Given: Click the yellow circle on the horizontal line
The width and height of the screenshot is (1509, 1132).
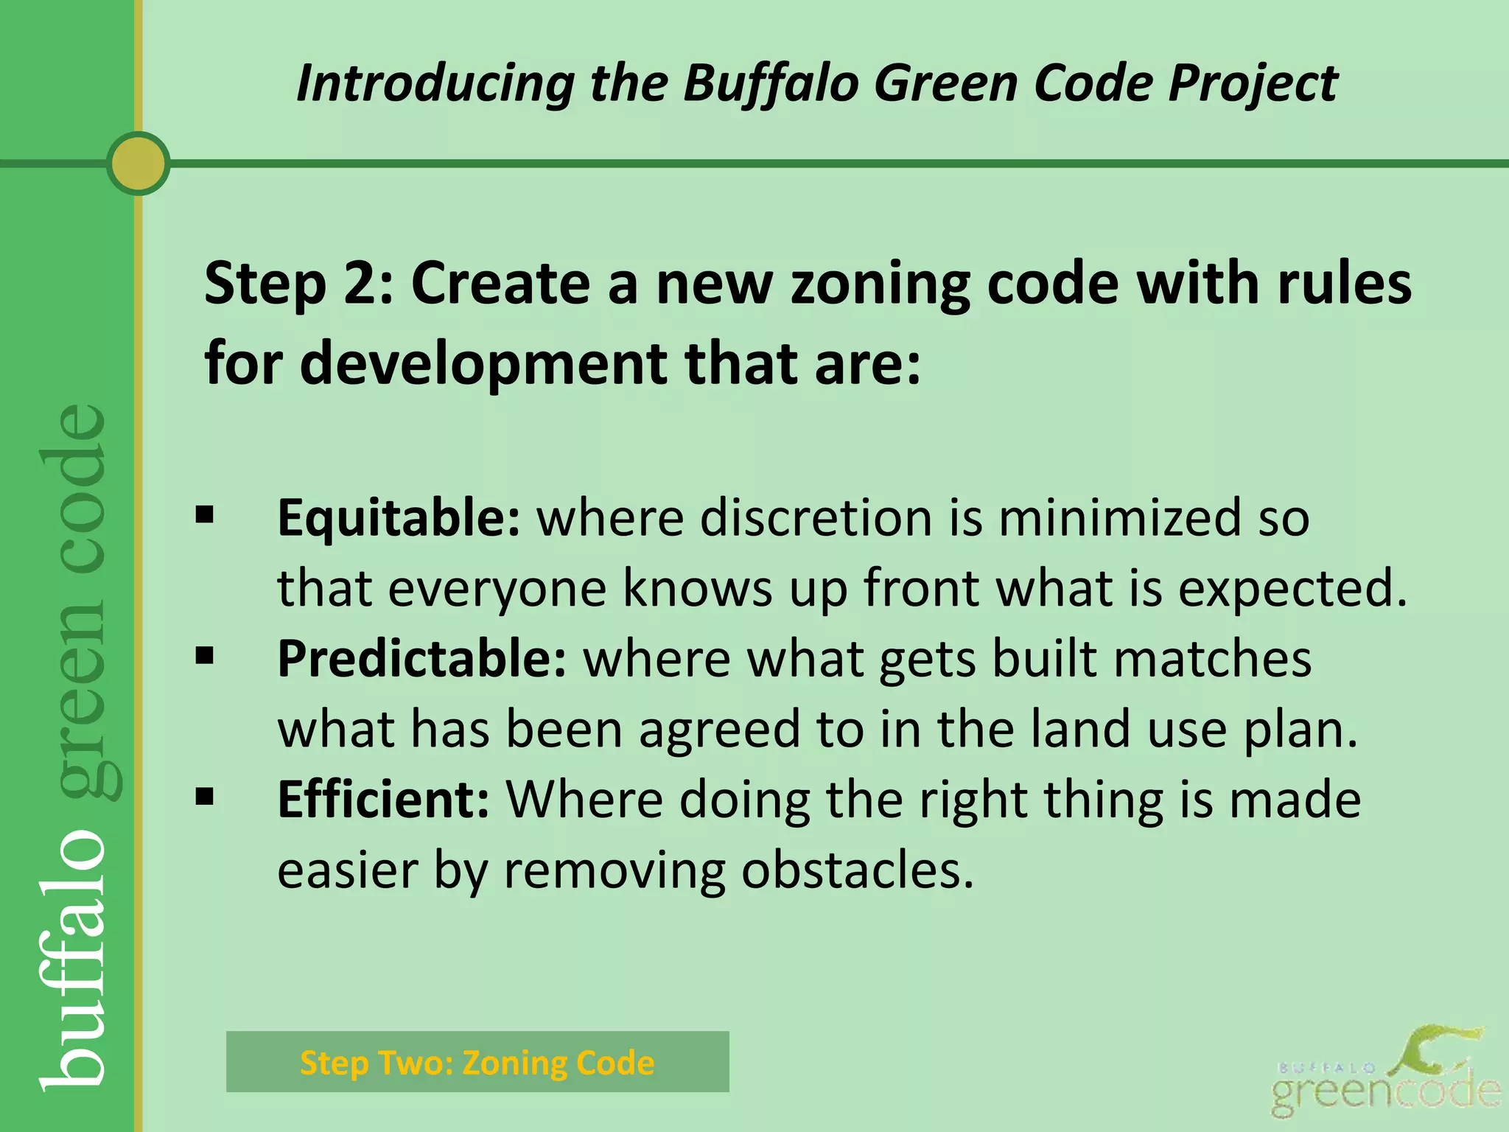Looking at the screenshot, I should click(138, 164).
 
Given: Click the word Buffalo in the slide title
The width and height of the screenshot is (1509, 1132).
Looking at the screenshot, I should click(770, 83).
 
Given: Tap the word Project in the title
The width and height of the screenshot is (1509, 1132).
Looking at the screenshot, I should click(1253, 83).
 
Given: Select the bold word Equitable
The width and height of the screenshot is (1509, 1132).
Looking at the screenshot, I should click(399, 517).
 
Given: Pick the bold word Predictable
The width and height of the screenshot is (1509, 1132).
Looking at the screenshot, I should click(421, 658).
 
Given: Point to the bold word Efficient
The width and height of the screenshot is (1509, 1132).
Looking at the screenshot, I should click(383, 800).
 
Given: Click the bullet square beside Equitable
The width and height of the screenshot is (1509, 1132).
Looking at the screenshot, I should click(205, 514).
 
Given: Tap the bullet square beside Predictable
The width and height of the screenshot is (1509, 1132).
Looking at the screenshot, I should click(205, 655).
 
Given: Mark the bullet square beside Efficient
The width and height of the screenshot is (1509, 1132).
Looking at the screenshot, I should click(205, 796).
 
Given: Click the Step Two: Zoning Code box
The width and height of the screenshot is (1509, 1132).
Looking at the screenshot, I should click(477, 1062).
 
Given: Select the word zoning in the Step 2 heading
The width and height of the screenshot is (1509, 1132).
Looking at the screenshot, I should click(880, 284).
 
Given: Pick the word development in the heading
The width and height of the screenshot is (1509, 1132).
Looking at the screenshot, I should click(483, 363).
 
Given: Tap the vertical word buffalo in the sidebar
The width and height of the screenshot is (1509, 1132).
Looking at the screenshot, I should click(74, 958).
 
